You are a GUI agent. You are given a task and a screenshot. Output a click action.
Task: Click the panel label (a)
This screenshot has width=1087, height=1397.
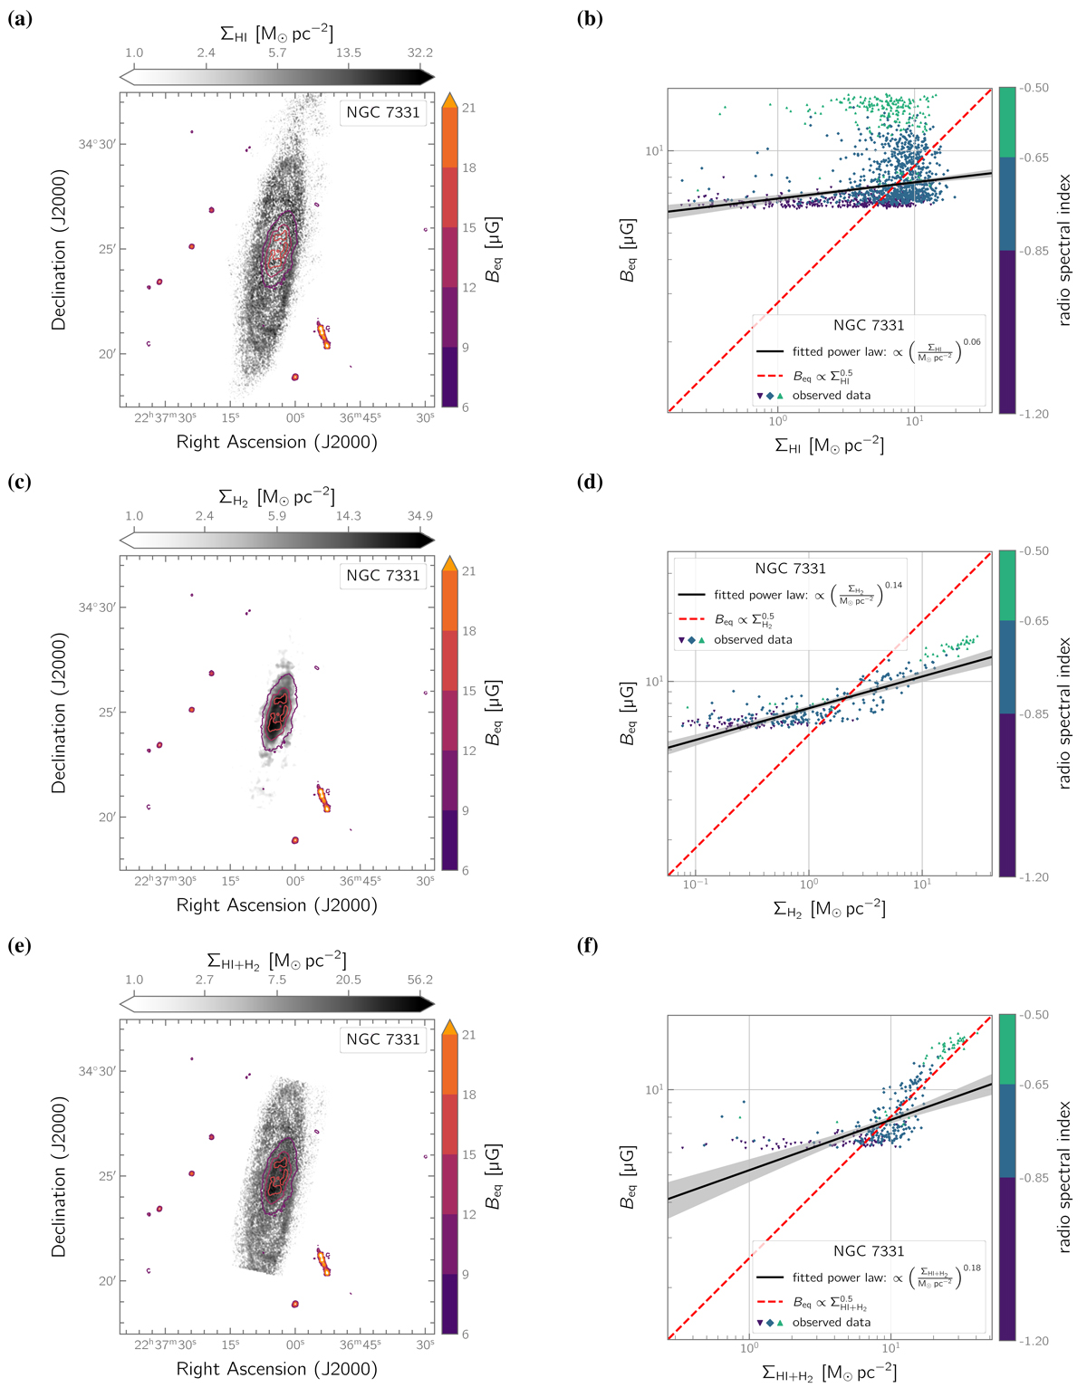click(20, 17)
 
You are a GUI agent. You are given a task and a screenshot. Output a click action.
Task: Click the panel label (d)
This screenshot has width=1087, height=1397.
click(590, 481)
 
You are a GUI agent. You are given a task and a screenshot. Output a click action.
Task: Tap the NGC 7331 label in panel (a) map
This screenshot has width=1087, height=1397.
click(383, 112)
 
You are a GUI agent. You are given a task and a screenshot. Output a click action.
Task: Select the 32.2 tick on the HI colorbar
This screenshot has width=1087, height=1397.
click(419, 53)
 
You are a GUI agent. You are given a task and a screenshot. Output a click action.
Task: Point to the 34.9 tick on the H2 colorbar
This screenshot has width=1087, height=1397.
click(419, 516)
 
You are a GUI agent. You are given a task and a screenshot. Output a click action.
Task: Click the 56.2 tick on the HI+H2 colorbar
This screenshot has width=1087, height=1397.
click(419, 980)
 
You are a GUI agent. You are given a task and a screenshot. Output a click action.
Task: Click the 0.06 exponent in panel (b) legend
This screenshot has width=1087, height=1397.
click(972, 342)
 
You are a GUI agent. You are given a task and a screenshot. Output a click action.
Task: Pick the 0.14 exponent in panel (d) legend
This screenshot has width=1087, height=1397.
click(893, 585)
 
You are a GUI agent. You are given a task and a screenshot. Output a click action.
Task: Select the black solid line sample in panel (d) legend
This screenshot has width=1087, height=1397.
click(692, 595)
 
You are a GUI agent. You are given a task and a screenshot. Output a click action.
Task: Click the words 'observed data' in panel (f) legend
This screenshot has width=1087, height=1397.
click(831, 1322)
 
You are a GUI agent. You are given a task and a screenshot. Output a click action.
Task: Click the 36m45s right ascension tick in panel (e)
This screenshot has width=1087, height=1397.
click(361, 1344)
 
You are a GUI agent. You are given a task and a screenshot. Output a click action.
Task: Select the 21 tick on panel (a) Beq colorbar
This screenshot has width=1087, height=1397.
click(468, 108)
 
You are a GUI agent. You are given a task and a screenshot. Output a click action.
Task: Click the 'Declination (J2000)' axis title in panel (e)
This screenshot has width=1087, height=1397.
click(59, 1176)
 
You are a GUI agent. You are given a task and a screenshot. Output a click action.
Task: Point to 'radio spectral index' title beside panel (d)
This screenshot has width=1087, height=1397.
click(1063, 713)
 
